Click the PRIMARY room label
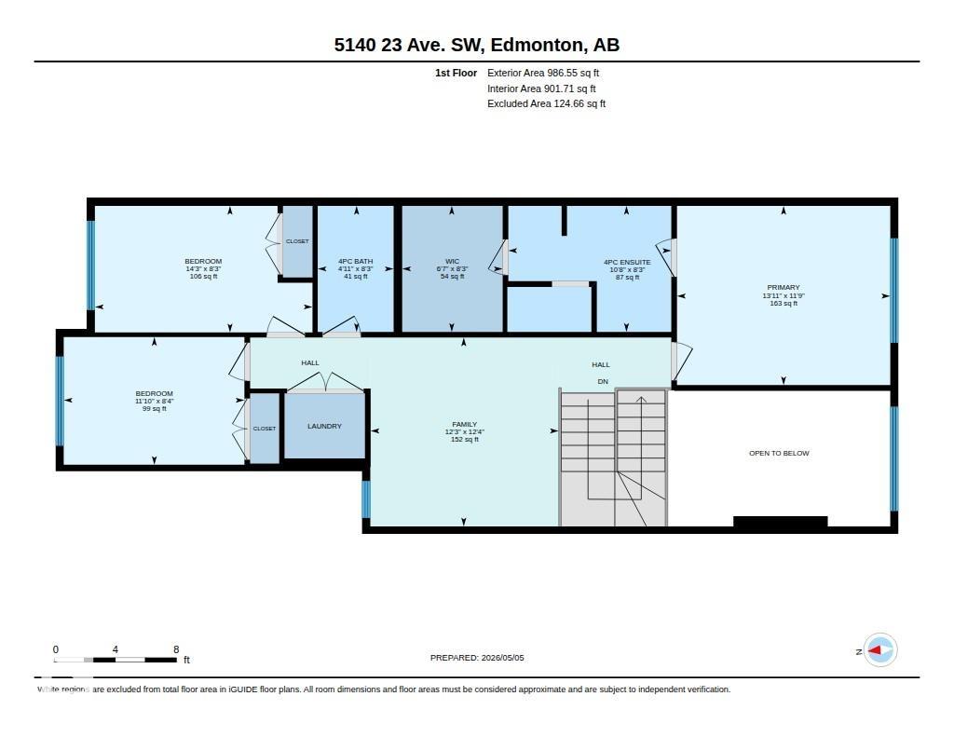pyautogui.click(x=783, y=287)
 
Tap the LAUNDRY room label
pyautogui.click(x=324, y=426)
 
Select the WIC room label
pyautogui.click(x=452, y=261)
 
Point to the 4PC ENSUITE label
pyautogui.click(x=627, y=263)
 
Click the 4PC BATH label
pyautogui.click(x=355, y=261)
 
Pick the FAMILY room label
pyautogui.click(x=464, y=424)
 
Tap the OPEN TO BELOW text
pyautogui.click(x=779, y=454)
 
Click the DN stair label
pyautogui.click(x=603, y=382)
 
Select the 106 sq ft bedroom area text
pyautogui.click(x=203, y=277)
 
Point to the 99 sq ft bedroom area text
pyautogui.click(x=154, y=409)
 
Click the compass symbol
pyautogui.click(x=879, y=650)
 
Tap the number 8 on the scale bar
pyautogui.click(x=176, y=649)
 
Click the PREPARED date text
pyautogui.click(x=477, y=658)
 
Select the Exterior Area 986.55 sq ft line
pyautogui.click(x=543, y=73)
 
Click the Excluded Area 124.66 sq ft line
pyautogui.click(x=546, y=104)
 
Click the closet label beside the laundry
pyautogui.click(x=264, y=429)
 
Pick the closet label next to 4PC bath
pyautogui.click(x=297, y=241)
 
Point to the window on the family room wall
pyautogui.click(x=365, y=499)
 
